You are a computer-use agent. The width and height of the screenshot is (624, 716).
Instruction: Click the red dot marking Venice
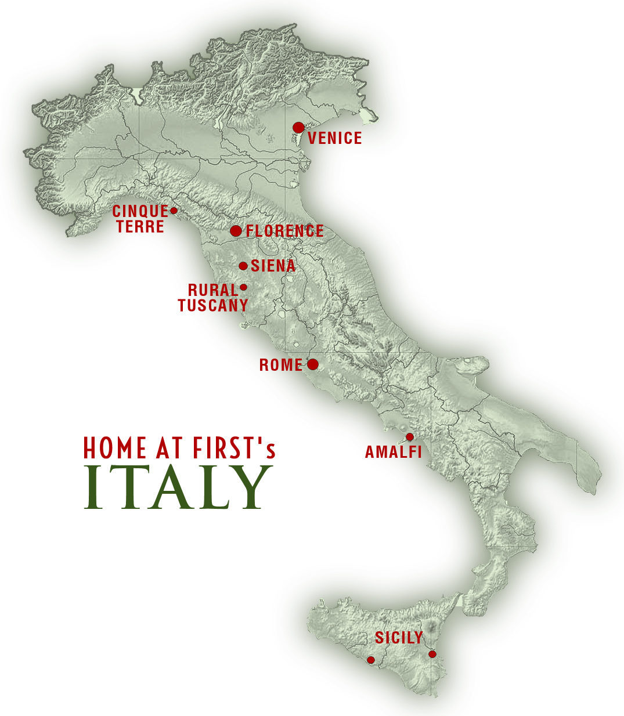[x=298, y=128]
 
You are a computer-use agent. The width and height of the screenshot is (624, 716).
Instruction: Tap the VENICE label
[x=335, y=138]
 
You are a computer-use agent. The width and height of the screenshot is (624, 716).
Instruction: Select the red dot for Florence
[x=236, y=231]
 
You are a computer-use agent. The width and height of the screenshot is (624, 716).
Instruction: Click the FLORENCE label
[x=284, y=231]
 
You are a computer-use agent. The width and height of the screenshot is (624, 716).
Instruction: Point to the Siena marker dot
[x=243, y=266]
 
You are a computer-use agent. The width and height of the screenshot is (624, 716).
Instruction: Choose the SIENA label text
[x=273, y=266]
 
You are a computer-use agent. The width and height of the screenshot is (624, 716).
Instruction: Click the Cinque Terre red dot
[x=173, y=210]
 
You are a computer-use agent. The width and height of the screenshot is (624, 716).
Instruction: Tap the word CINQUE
[x=140, y=211]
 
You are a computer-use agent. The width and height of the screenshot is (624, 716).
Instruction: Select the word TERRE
[x=140, y=226]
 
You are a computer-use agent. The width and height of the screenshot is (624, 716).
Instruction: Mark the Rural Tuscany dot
[x=243, y=287]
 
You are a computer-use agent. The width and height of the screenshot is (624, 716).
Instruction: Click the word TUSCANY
[x=213, y=305]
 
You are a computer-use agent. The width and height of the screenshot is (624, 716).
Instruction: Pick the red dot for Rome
[x=312, y=364]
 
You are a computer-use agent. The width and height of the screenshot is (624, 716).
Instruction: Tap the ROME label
[x=281, y=365]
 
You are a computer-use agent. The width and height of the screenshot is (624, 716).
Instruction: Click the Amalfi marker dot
[x=409, y=436]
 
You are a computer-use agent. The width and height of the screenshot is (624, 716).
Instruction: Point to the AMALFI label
[x=393, y=451]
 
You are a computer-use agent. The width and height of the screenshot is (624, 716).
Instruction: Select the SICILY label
[x=399, y=638]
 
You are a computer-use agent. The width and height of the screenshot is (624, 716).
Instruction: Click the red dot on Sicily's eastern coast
[x=432, y=654]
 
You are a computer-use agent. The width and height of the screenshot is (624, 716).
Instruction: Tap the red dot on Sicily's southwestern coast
[x=371, y=660]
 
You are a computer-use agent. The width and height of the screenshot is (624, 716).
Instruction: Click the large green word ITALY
[x=178, y=488]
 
